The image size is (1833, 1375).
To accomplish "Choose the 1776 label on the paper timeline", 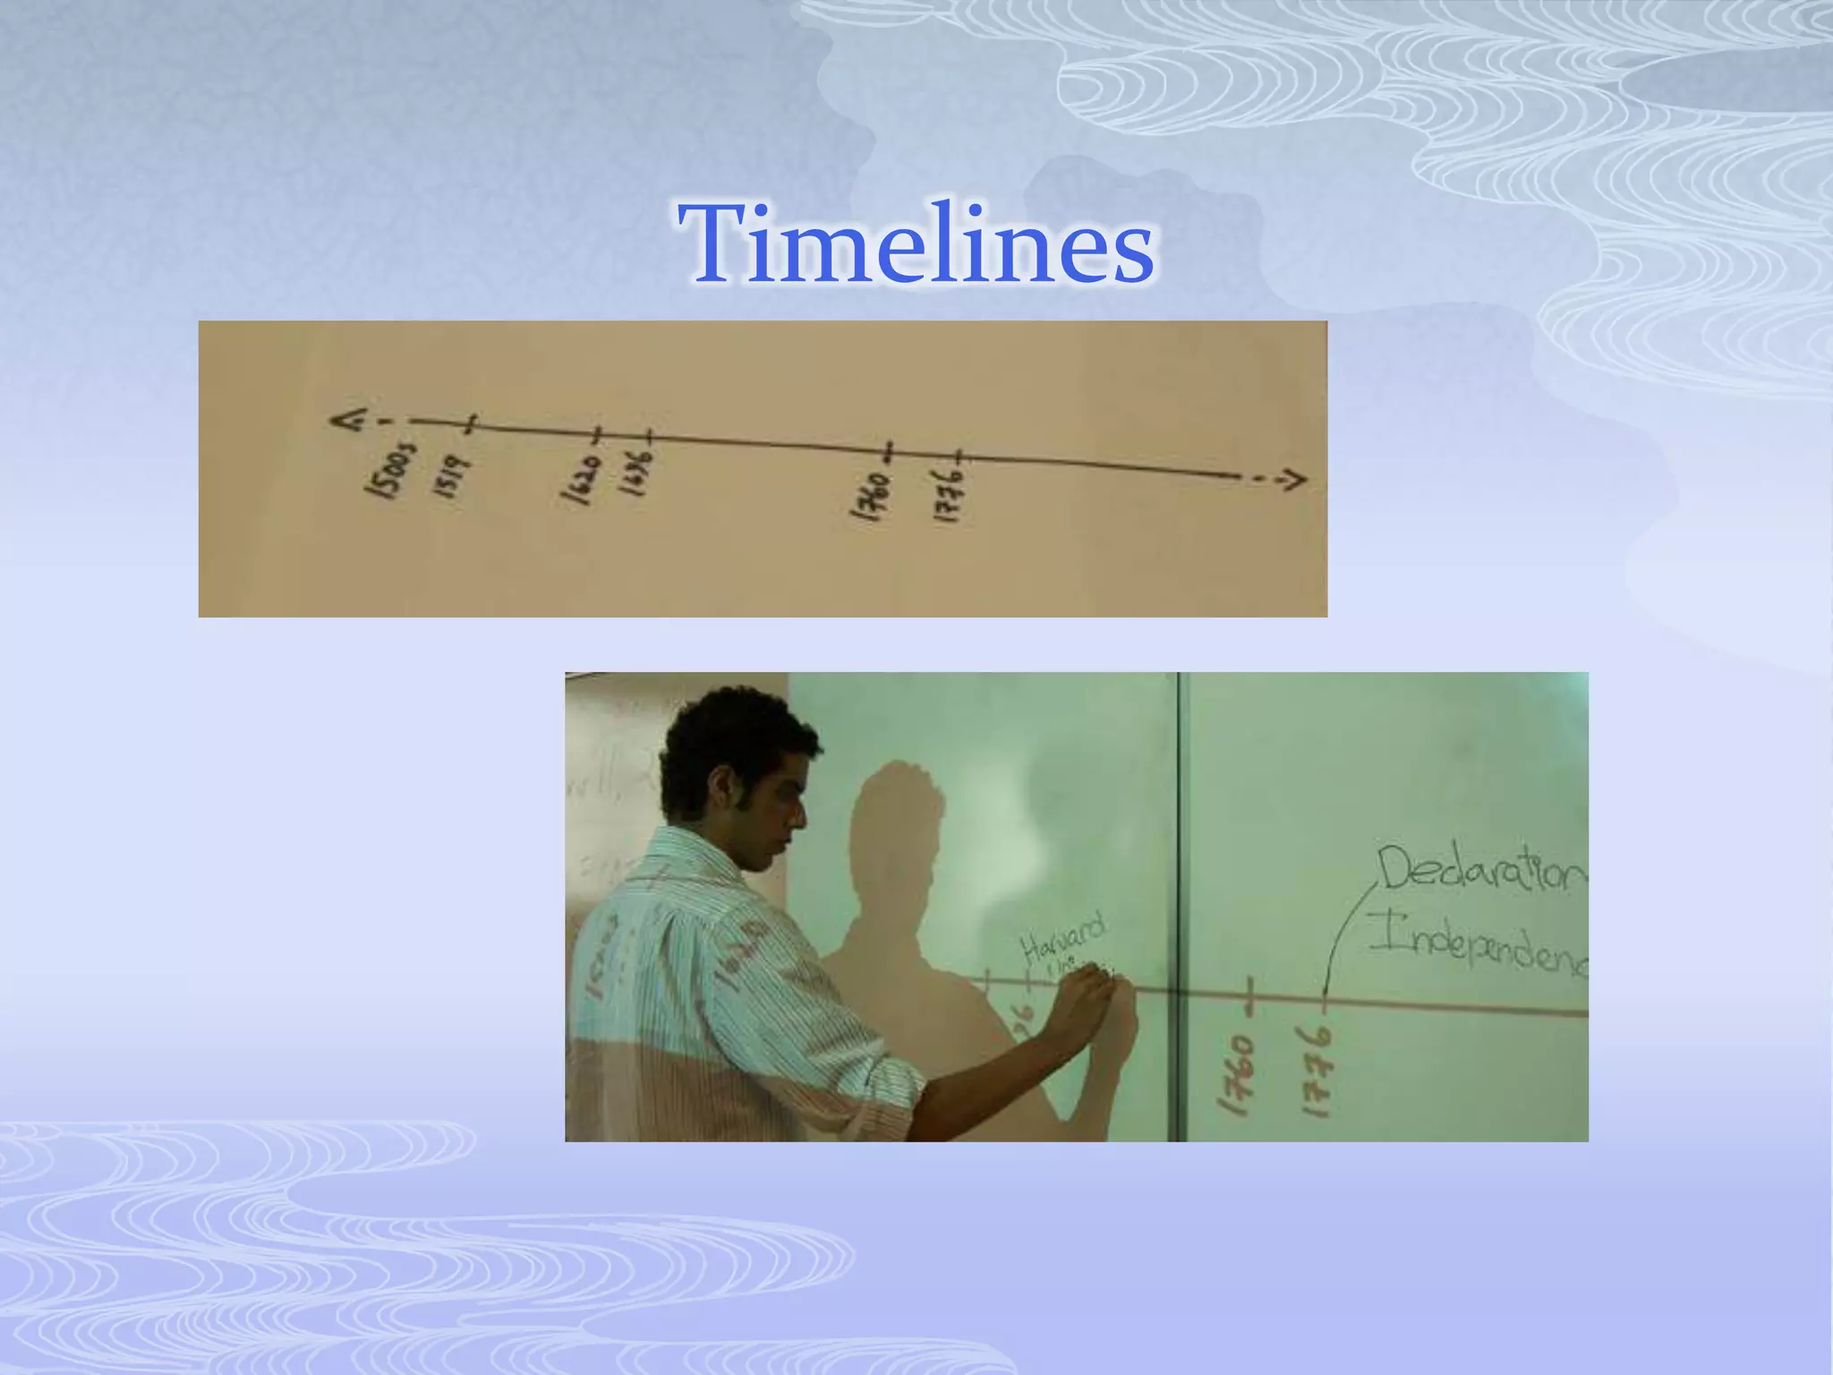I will click(x=949, y=497).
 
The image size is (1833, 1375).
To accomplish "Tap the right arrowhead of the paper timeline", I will click(x=1293, y=481).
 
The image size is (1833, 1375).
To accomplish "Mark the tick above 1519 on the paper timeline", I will click(x=473, y=423).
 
